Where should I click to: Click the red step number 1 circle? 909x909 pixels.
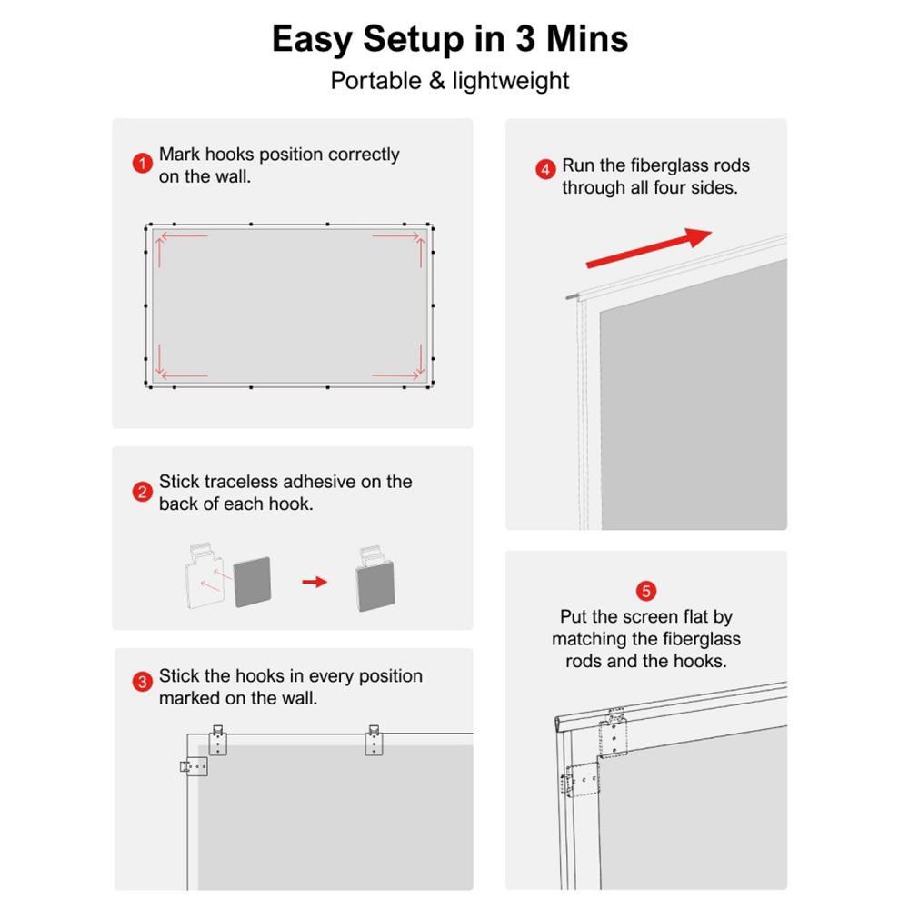(x=141, y=164)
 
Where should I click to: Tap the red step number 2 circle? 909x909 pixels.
(x=142, y=493)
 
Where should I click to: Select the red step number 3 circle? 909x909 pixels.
(x=142, y=683)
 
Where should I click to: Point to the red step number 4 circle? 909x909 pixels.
(x=545, y=169)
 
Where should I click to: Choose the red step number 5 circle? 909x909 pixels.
(x=646, y=591)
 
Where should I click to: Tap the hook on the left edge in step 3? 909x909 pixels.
(x=195, y=767)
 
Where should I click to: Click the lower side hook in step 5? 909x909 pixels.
(x=581, y=781)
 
